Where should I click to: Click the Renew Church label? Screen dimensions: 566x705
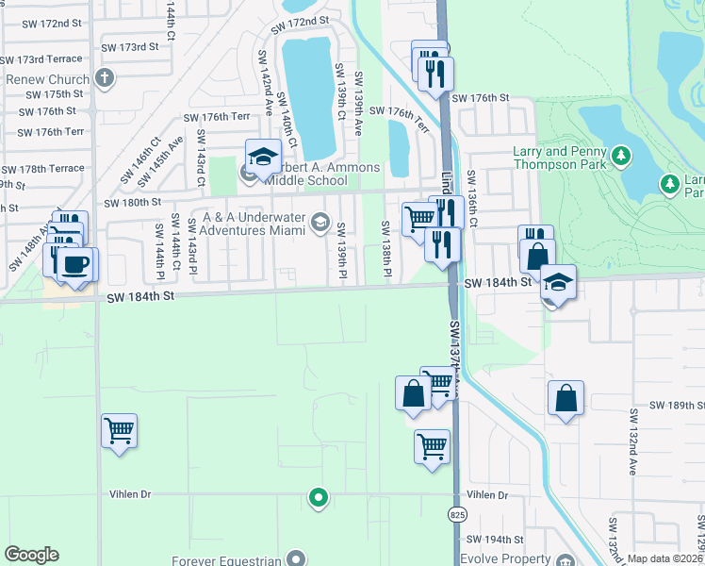47,79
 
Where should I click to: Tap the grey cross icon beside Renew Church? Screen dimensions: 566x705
105,78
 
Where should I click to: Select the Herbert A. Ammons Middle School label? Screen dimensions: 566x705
315,175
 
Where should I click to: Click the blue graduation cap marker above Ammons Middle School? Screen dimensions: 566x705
263,156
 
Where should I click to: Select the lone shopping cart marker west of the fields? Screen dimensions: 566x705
120,431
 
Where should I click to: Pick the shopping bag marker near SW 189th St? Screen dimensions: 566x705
566,398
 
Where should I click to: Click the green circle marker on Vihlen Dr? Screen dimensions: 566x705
319,496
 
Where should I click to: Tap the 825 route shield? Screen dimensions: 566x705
455,514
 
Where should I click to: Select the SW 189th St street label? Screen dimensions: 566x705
674,405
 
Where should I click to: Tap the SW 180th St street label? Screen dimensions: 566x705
132,202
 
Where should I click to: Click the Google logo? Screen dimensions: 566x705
31,555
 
